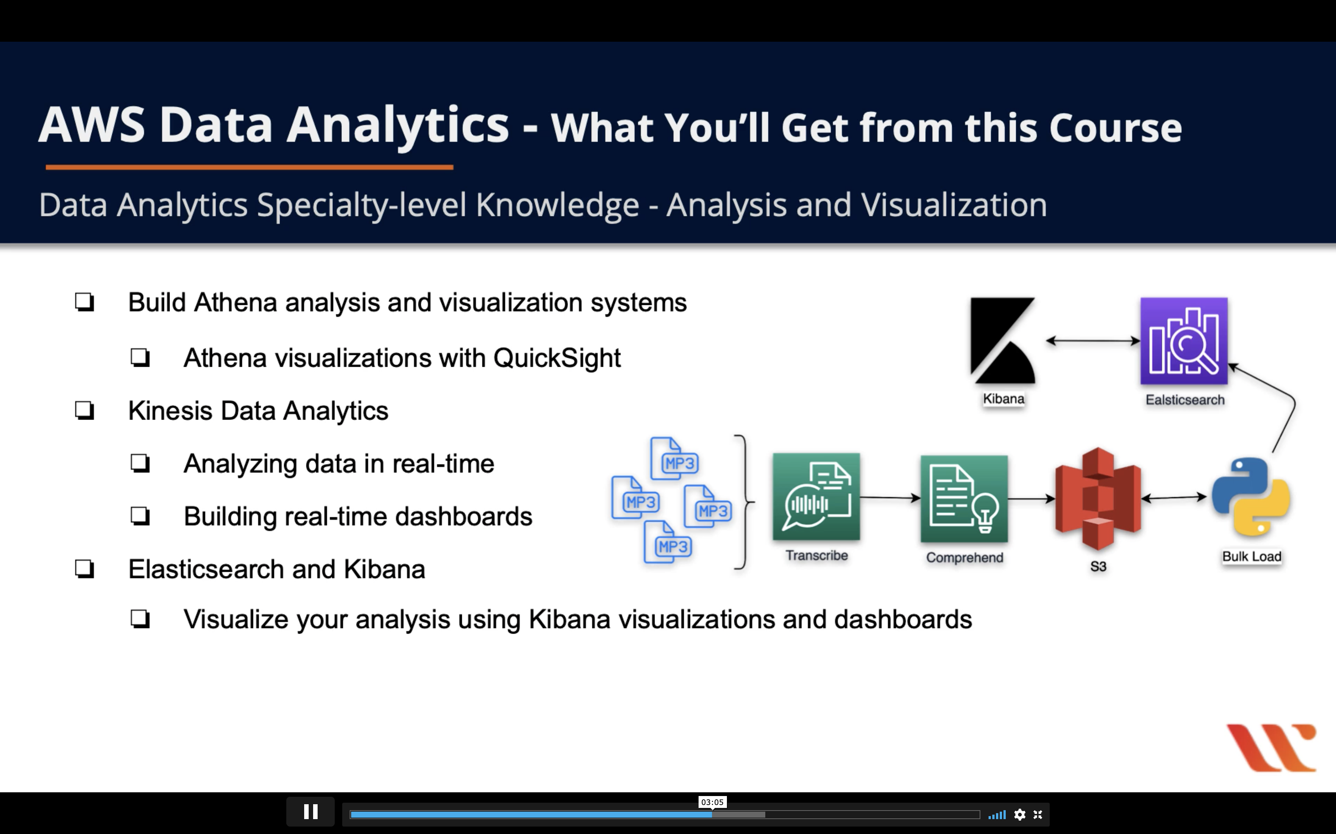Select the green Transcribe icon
pos(816,496)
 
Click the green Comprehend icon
pos(964,499)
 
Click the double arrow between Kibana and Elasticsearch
pos(1093,341)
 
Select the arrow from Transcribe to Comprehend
pos(890,497)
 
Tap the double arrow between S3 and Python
pos(1174,497)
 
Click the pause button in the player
pos(310,812)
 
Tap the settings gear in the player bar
pos(1020,814)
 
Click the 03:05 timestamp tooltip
pos(712,802)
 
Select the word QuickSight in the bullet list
pos(557,358)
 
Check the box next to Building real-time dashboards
pos(140,516)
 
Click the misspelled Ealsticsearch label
pos(1185,400)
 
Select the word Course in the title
pos(1115,128)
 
